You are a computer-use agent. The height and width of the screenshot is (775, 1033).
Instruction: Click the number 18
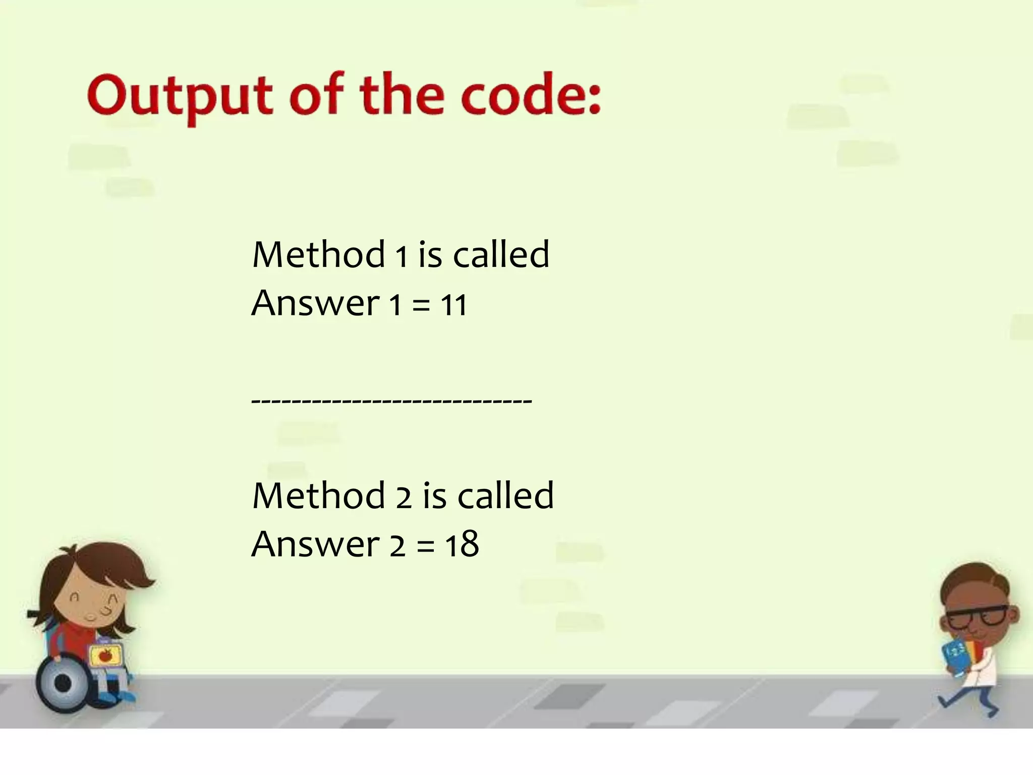[462, 545]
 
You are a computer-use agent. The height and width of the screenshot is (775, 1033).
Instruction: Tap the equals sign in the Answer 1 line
[421, 306]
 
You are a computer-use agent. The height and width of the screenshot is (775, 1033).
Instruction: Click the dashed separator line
[391, 402]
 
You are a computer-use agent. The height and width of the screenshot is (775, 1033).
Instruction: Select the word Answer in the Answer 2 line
[315, 545]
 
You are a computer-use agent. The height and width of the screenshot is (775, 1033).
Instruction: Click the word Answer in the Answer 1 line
[315, 304]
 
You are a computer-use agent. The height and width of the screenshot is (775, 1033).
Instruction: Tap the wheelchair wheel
[63, 684]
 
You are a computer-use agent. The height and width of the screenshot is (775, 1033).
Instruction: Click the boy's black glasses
[976, 618]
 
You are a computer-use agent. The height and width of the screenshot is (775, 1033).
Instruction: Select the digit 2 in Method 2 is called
[404, 496]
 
